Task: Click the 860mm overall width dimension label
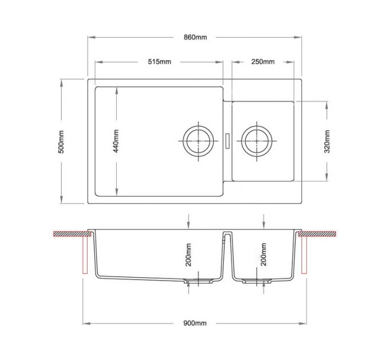(194, 37)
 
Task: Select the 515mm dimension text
(160, 62)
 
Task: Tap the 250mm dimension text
(263, 62)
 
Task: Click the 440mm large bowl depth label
(116, 141)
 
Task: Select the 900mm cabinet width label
(194, 323)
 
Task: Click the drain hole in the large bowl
(199, 139)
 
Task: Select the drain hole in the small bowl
(257, 139)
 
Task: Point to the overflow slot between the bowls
(228, 139)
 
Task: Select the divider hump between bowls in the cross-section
(227, 235)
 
